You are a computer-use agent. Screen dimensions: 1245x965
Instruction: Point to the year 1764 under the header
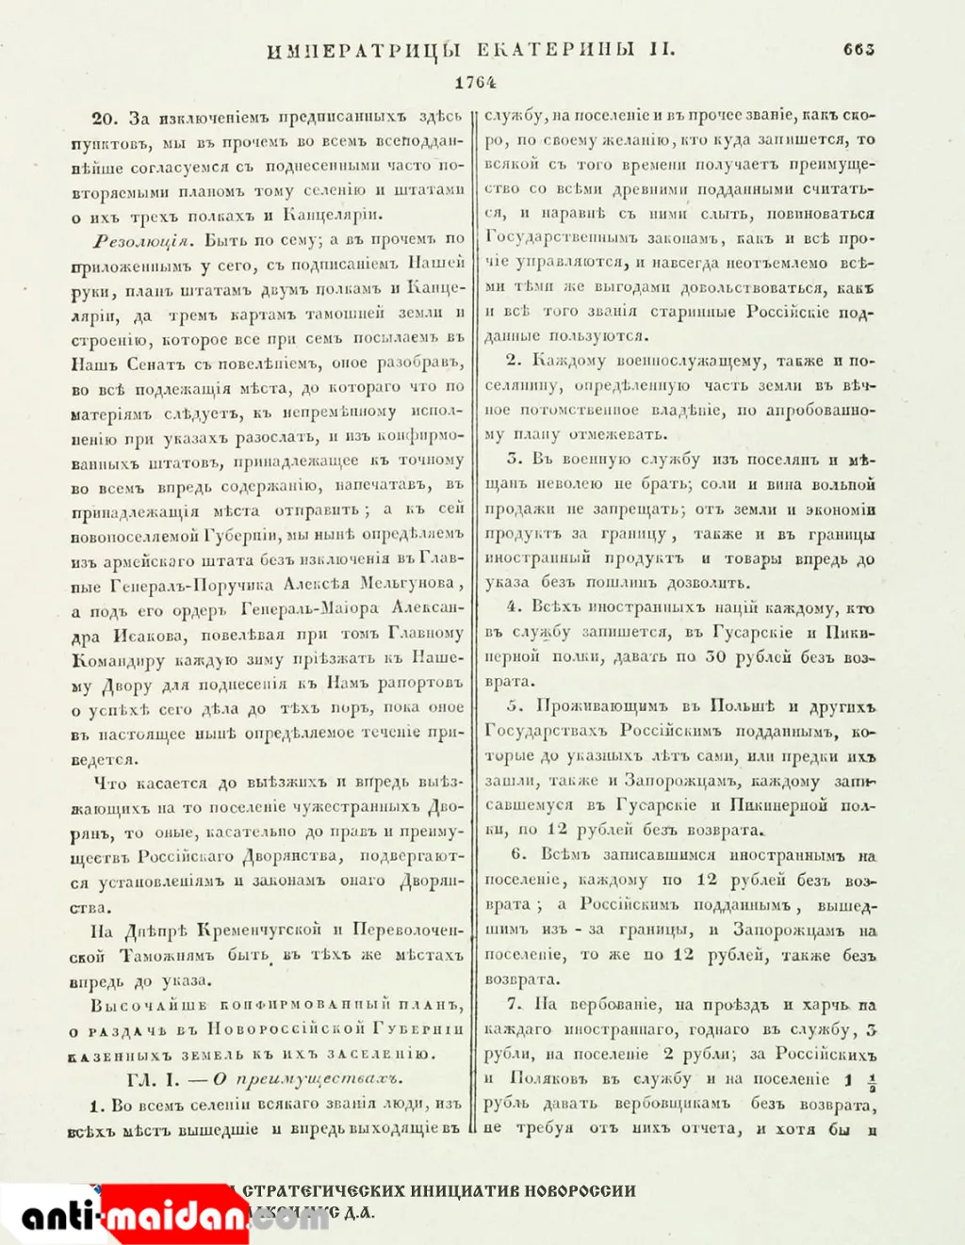(x=475, y=83)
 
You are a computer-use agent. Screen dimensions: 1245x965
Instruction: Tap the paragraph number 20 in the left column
(x=104, y=118)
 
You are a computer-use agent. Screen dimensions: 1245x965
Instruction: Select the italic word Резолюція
(x=137, y=239)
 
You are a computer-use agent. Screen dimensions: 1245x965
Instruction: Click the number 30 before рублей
(x=715, y=657)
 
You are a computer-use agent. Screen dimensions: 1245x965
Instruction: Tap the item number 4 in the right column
(x=513, y=607)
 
